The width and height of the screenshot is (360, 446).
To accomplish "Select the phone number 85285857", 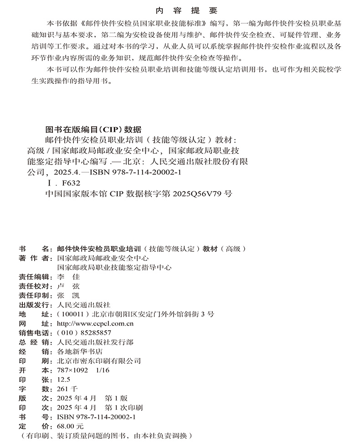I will click(95, 333).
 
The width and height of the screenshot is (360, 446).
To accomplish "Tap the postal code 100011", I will click(71, 314).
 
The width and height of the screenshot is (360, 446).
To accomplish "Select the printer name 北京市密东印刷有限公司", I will click(97, 361).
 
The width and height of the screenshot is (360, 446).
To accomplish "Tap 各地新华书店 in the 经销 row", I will click(78, 352).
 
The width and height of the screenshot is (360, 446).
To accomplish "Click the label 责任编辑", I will click(33, 276).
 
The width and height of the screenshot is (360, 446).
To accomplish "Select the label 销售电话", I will click(33, 333).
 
